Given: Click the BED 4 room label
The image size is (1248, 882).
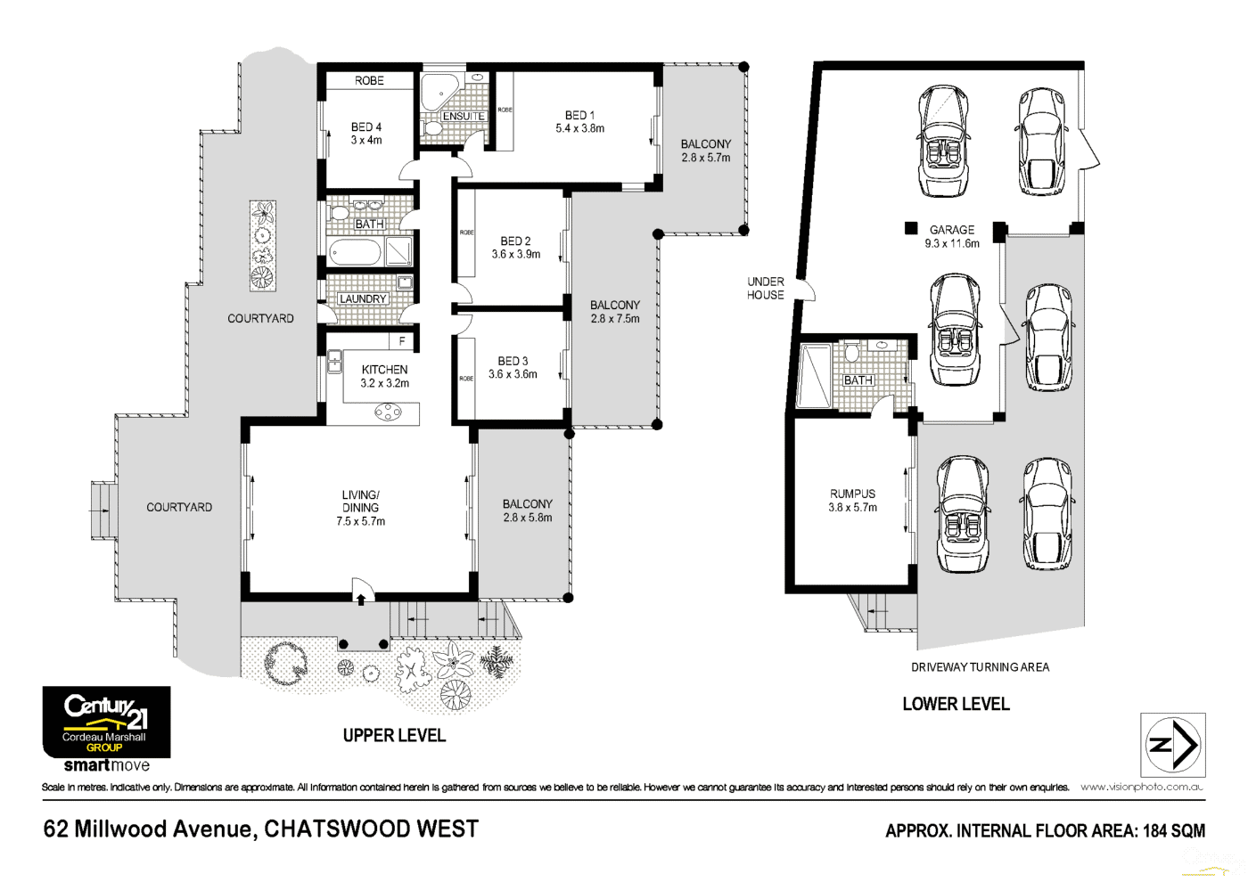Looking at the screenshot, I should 365,127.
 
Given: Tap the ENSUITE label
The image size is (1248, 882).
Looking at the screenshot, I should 464,116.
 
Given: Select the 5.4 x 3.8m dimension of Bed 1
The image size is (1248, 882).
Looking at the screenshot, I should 579,128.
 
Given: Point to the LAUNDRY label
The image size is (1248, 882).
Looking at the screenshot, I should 363,298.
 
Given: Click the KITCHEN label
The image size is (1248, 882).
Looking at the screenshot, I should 384,369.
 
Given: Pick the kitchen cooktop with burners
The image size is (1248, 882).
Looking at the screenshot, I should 388,412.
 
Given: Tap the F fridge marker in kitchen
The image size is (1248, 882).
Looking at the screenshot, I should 402,340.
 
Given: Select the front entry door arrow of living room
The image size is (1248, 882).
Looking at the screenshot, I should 361,600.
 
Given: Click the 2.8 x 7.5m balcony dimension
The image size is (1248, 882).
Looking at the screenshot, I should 614,318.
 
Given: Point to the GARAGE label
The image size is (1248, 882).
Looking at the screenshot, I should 951,229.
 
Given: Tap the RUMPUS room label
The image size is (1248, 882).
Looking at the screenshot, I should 852,494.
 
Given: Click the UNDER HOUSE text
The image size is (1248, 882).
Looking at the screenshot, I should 765,288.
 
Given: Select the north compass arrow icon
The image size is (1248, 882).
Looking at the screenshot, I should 1173,745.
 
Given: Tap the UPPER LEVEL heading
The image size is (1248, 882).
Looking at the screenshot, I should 394,735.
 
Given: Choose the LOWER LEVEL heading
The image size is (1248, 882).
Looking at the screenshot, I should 956,704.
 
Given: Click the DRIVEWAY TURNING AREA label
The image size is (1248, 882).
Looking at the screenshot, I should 980,666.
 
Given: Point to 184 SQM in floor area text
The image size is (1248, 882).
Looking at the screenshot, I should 1174,830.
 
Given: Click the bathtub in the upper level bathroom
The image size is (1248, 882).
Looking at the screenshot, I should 355,252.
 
